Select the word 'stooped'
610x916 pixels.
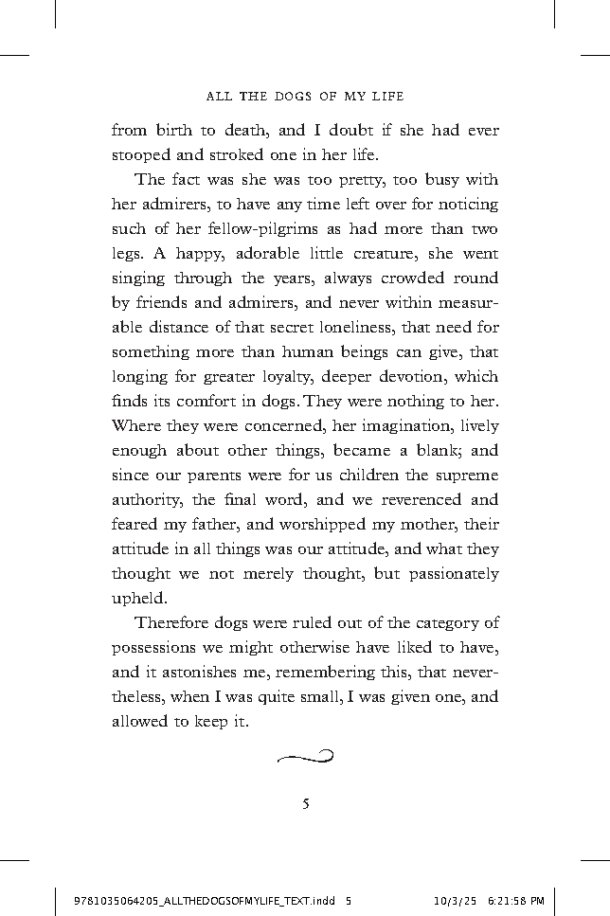pyautogui.click(x=144, y=155)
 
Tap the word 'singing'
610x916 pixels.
pyautogui.click(x=142, y=278)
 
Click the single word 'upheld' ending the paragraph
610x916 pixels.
pyautogui.click(x=139, y=599)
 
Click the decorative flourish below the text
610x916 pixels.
pyautogui.click(x=305, y=755)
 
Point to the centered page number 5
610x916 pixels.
pyautogui.click(x=305, y=805)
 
